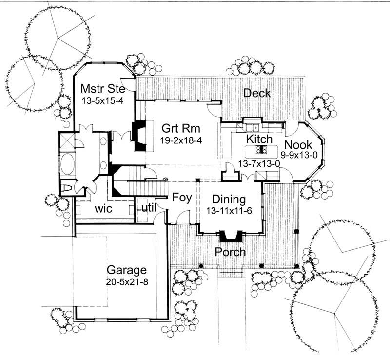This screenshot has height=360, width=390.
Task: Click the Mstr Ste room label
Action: [102, 89]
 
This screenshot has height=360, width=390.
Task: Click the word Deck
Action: [257, 93]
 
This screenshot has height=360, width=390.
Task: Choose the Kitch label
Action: [259, 140]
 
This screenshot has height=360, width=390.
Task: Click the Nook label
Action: [298, 145]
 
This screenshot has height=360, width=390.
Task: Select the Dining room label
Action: [229, 200]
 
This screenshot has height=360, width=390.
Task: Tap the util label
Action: [148, 208]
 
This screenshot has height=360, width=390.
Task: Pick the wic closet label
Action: [103, 209]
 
